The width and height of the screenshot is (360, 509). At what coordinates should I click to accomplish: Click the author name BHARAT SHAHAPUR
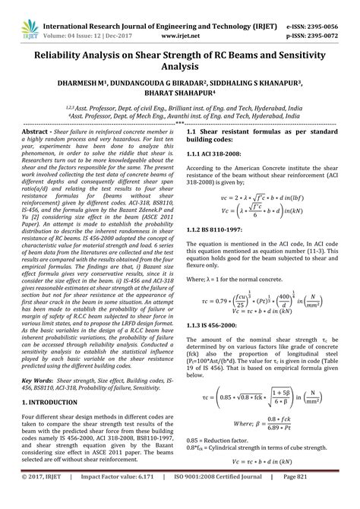coord(180,97)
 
